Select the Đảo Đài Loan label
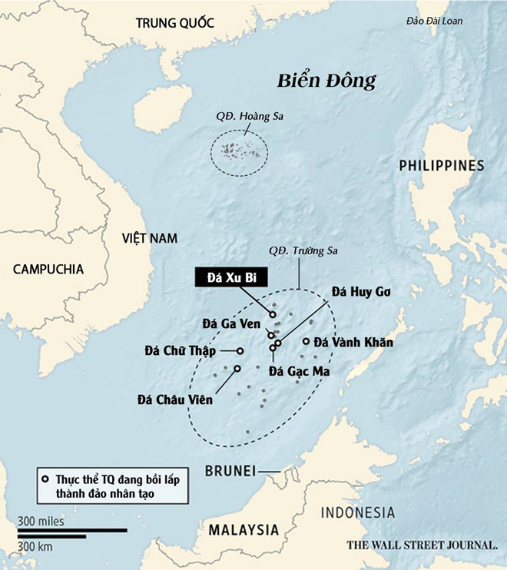tap(434, 22)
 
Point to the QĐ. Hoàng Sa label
tap(241, 118)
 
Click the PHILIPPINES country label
tap(441, 165)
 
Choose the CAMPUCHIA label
tap(48, 269)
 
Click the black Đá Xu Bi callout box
tap(225, 278)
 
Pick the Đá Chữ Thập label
tap(182, 351)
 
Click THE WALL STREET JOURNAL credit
tap(422, 545)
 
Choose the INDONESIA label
tap(357, 512)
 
